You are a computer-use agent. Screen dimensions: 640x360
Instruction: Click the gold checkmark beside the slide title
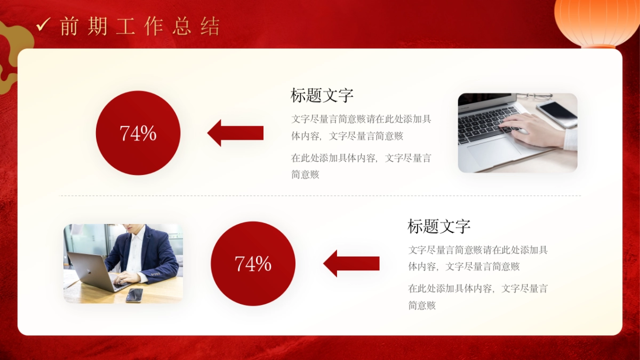coord(43,25)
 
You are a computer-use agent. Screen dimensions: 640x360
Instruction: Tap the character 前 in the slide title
coord(69,26)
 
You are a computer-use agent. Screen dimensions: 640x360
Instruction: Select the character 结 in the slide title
coord(210,26)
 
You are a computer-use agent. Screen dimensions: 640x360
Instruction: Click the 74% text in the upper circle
coord(138,133)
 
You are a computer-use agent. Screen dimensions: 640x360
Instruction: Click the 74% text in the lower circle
coord(253,263)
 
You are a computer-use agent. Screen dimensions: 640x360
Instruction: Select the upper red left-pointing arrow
coord(235,133)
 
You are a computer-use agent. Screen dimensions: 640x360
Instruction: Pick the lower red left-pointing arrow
coord(351,263)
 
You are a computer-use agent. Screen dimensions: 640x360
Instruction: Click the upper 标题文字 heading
coord(322,95)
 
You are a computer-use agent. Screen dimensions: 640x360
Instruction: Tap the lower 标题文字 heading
coord(439,226)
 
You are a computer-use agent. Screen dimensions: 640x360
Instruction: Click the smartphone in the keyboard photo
coord(557,114)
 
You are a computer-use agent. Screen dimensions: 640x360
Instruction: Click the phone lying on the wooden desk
coord(134,295)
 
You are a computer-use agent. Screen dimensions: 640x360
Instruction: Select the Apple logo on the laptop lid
coord(90,273)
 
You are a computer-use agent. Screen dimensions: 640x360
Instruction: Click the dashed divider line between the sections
coord(320,196)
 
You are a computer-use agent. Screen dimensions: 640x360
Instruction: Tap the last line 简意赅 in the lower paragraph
coord(422,306)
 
